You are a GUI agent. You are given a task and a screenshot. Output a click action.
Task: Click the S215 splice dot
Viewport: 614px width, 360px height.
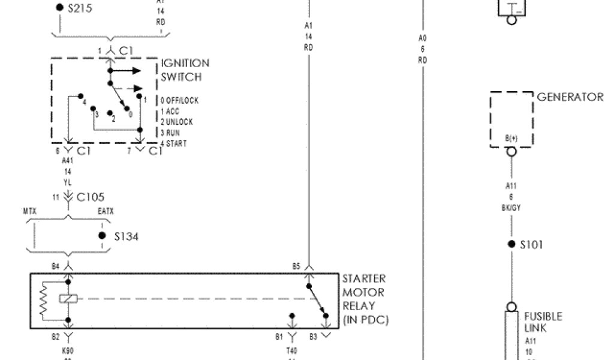pyautogui.click(x=59, y=8)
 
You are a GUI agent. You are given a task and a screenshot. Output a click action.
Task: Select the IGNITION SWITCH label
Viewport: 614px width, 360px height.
pyautogui.click(x=185, y=70)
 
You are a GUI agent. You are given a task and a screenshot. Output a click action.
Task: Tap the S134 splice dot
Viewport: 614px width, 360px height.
pyautogui.click(x=102, y=236)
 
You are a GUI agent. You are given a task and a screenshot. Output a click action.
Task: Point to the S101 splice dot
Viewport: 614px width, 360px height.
pyautogui.click(x=511, y=244)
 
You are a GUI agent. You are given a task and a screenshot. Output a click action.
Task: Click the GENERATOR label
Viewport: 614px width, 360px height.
pyautogui.click(x=570, y=97)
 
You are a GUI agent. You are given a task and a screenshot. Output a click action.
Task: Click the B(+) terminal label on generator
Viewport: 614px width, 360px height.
pyautogui.click(x=511, y=139)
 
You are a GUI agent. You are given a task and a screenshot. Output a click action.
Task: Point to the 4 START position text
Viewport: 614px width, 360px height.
pyautogui.click(x=173, y=144)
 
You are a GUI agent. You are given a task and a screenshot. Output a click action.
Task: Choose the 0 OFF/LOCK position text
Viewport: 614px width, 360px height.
pyautogui.click(x=179, y=100)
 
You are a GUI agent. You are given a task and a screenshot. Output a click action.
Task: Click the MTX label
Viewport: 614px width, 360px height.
pyautogui.click(x=30, y=211)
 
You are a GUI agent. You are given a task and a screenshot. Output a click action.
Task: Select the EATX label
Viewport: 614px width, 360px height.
pyautogui.click(x=105, y=211)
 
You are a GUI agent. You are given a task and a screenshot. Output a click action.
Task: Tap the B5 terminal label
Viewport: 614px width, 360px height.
pyautogui.click(x=296, y=265)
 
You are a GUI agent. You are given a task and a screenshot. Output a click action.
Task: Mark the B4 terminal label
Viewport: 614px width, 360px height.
pyautogui.click(x=56, y=265)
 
